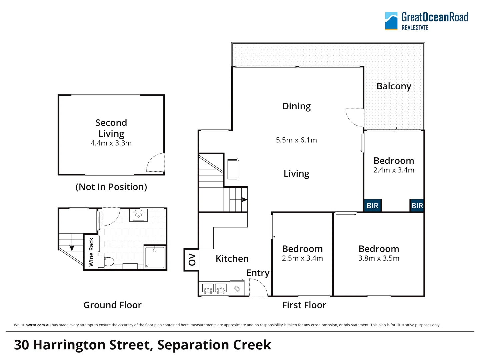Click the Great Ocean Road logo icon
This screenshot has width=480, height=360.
pyautogui.click(x=391, y=21)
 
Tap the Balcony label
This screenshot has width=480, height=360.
pyautogui.click(x=394, y=86)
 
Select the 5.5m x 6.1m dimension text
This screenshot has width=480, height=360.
pyautogui.click(x=296, y=140)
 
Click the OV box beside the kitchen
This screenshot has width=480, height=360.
pyautogui.click(x=191, y=260)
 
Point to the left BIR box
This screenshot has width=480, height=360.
pyautogui.click(x=372, y=206)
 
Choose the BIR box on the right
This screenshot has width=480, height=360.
pyautogui.click(x=417, y=206)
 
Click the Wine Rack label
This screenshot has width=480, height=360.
pyautogui.click(x=91, y=252)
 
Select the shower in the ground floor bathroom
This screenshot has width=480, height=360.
pyautogui.click(x=155, y=257)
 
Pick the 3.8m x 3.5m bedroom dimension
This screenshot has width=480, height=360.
pyautogui.click(x=379, y=258)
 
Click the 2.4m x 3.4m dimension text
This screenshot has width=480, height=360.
pyautogui.click(x=394, y=170)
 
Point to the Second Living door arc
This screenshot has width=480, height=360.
pyautogui.click(x=155, y=162)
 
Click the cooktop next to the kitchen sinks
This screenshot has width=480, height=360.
pyautogui.click(x=237, y=288)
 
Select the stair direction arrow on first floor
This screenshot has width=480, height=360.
pyautogui.click(x=244, y=200)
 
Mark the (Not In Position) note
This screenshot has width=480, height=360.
pyautogui.click(x=111, y=187)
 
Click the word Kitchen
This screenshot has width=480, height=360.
pyautogui.click(x=232, y=259)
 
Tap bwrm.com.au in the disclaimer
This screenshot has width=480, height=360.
pyautogui.click(x=38, y=325)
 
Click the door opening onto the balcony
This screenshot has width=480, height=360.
pyautogui.click(x=355, y=117)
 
